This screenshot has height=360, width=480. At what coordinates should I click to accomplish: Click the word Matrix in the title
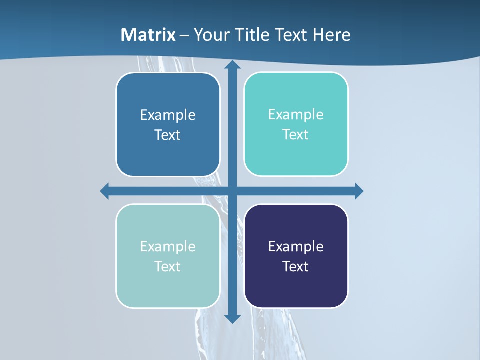pyautogui.click(x=148, y=35)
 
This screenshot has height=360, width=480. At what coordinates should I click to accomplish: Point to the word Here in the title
pyautogui.click(x=332, y=35)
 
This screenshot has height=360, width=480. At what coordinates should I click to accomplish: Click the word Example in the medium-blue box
pyautogui.click(x=168, y=115)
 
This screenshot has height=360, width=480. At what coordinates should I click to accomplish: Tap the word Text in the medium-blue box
pyautogui.click(x=168, y=135)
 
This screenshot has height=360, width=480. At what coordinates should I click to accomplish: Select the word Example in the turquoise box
pyautogui.click(x=296, y=115)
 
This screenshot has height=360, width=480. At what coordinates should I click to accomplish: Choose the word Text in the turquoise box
pyautogui.click(x=296, y=135)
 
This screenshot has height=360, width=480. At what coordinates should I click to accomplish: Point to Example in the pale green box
pyautogui.click(x=168, y=247)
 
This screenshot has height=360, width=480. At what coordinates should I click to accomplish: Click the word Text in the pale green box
pyautogui.click(x=168, y=267)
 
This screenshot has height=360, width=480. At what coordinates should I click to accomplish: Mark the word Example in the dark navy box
pyautogui.click(x=296, y=247)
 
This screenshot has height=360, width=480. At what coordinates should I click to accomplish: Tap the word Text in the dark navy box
pyautogui.click(x=296, y=267)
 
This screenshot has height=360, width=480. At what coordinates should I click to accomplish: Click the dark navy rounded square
pyautogui.click(x=296, y=290)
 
